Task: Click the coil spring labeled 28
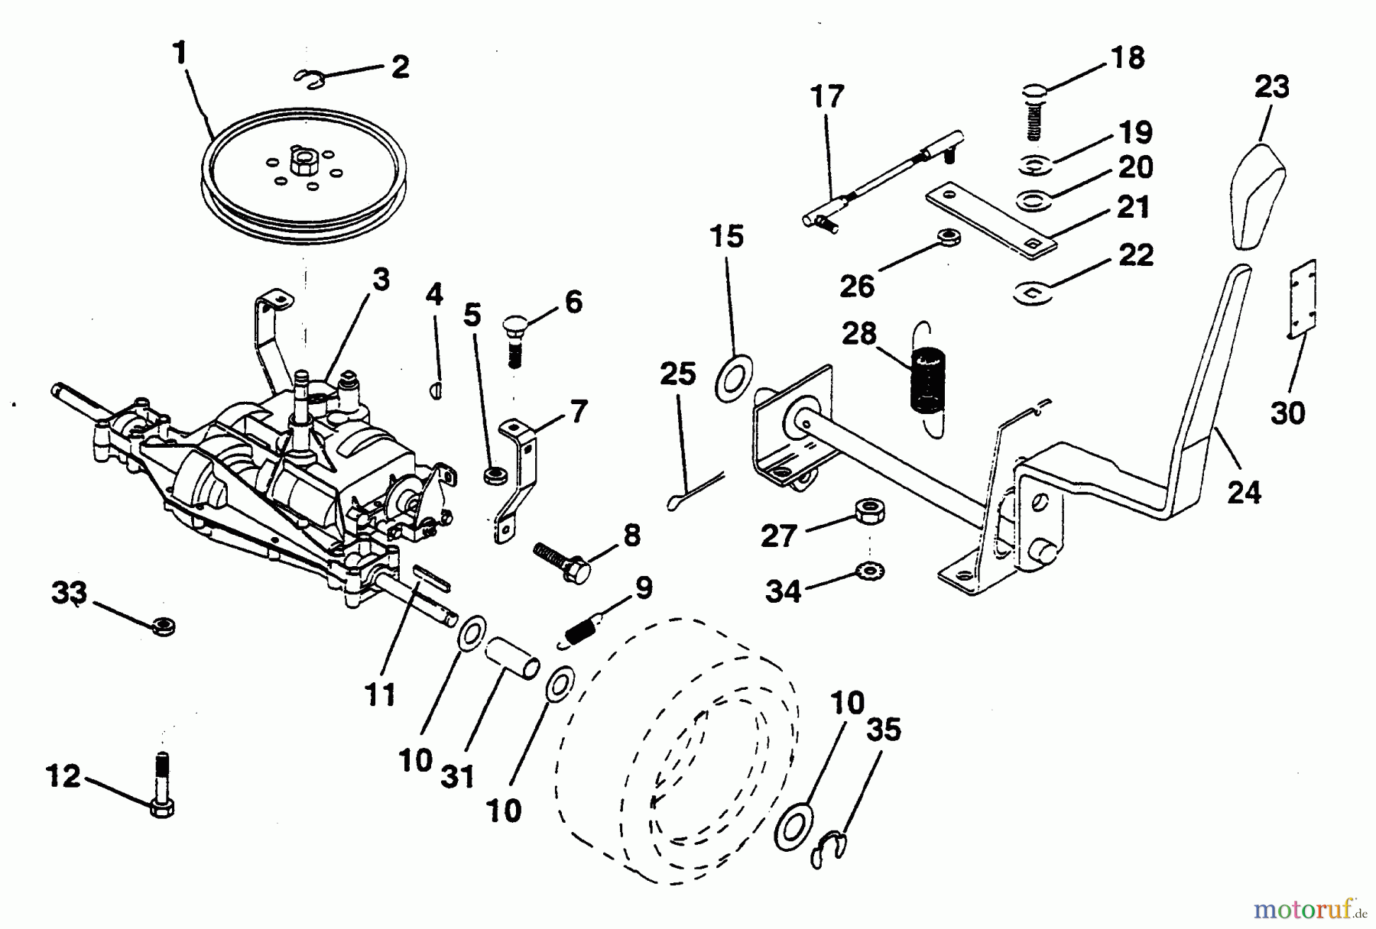[927, 380]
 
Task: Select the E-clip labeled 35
[827, 849]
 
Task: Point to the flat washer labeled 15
[732, 377]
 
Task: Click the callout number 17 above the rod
[827, 97]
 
